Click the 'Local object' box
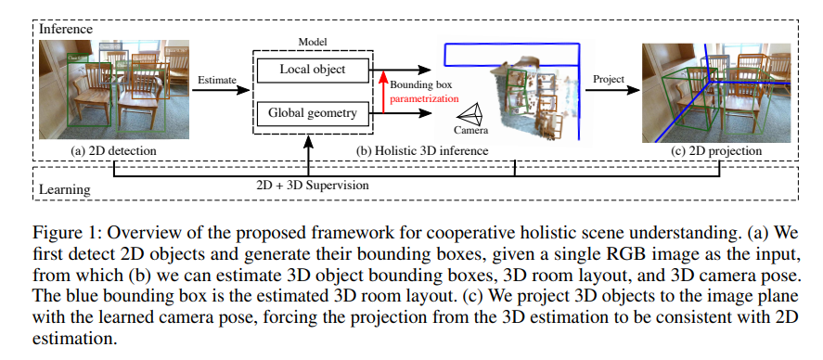(313, 70)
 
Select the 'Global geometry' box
(313, 112)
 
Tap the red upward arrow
(384, 91)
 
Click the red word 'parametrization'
(424, 98)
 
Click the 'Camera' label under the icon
(470, 131)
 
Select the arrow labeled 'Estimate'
(221, 90)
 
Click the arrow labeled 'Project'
(612, 90)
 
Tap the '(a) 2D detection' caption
(113, 150)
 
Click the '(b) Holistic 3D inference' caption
(422, 150)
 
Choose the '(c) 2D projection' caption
(716, 150)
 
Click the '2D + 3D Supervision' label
(312, 185)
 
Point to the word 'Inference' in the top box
(66, 29)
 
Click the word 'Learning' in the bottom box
(65, 189)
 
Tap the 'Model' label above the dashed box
(313, 42)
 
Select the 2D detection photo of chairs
(113, 90)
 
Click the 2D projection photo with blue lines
(716, 93)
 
